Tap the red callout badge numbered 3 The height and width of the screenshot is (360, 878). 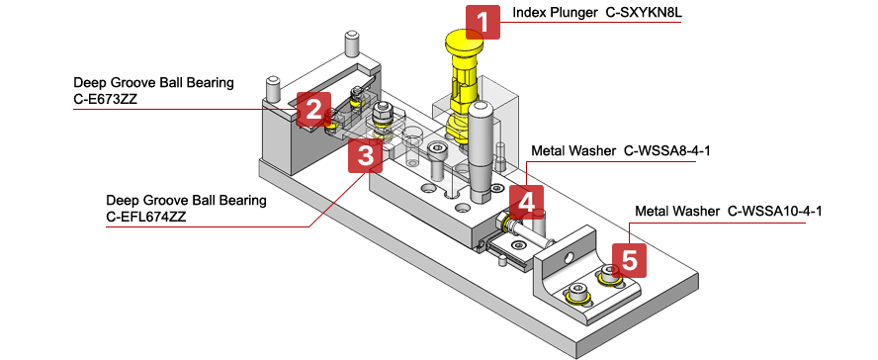tap(365, 155)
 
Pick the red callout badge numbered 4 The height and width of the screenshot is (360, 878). tap(526, 202)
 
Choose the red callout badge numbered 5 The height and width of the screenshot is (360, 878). tap(629, 261)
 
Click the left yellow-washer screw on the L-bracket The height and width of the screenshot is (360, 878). tap(576, 294)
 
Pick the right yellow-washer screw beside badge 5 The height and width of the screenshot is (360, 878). tap(606, 278)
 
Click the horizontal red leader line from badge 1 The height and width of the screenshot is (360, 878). tap(593, 22)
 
